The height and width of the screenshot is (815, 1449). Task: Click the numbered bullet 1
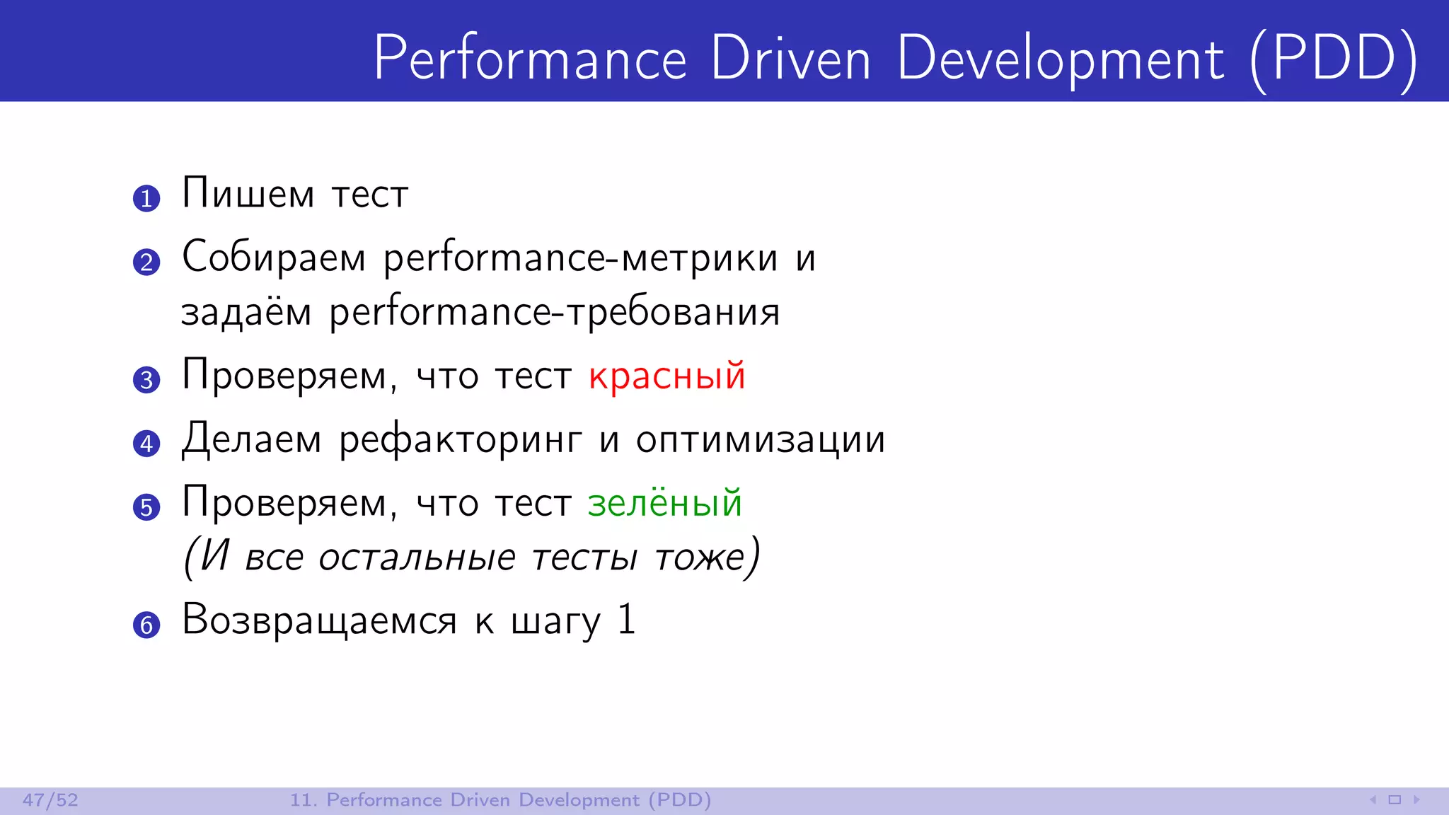pyautogui.click(x=146, y=198)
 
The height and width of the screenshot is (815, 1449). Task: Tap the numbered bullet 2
pyautogui.click(x=146, y=262)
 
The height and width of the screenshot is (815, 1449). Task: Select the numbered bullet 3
pyautogui.click(x=146, y=380)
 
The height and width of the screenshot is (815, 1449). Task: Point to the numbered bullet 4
pyautogui.click(x=146, y=444)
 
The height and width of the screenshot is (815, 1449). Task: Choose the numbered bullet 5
pyautogui.click(x=146, y=507)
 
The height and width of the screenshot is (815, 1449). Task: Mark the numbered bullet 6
pyautogui.click(x=146, y=625)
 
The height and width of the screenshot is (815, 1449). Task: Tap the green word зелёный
pyautogui.click(x=664, y=503)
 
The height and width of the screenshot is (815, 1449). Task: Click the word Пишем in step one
pyautogui.click(x=248, y=193)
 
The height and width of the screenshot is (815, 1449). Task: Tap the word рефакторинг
pyautogui.click(x=461, y=440)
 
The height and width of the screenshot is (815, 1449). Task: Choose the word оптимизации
pyautogui.click(x=761, y=440)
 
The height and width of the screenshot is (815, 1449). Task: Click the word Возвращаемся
pyautogui.click(x=319, y=620)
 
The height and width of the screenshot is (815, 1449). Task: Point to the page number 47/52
pyautogui.click(x=50, y=800)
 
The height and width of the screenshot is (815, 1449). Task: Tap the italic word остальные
pyautogui.click(x=417, y=557)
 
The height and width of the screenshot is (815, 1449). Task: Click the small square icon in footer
pyautogui.click(x=1395, y=800)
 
